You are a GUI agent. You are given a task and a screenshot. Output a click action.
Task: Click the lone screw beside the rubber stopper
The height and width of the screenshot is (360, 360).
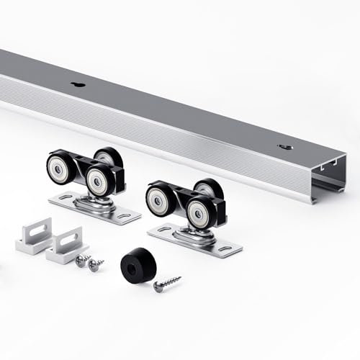[166, 283]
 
